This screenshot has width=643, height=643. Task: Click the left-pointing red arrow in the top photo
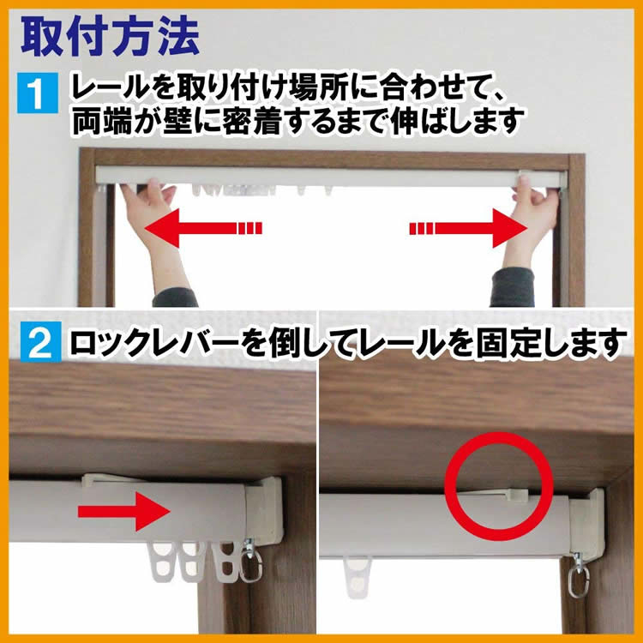click(x=201, y=229)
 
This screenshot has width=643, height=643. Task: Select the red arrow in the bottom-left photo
click(x=123, y=513)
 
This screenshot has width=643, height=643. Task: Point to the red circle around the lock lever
click(x=497, y=485)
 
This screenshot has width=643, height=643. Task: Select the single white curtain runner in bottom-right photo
click(x=357, y=569)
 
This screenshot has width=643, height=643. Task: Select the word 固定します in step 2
click(x=557, y=344)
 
